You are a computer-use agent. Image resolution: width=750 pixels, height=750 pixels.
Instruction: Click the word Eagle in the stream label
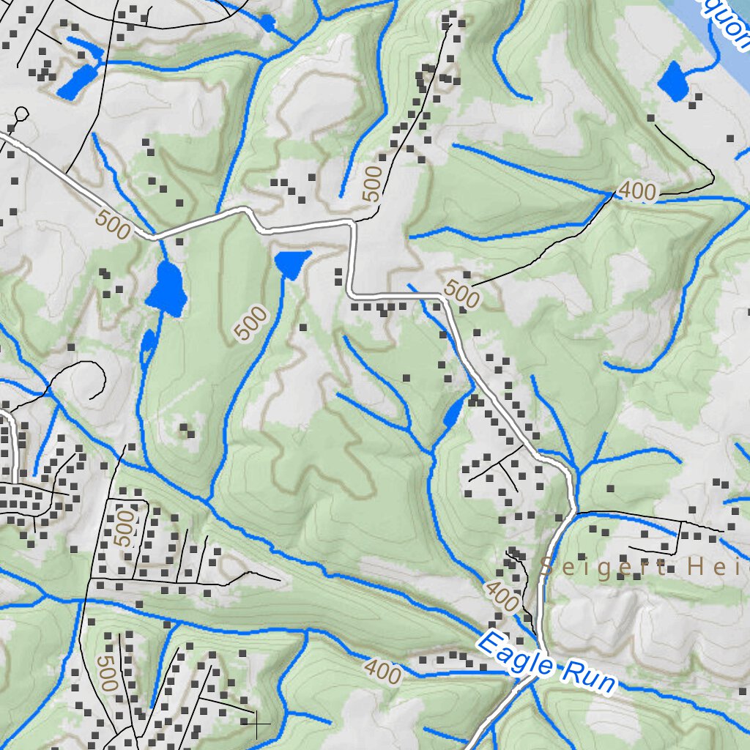point(516,655)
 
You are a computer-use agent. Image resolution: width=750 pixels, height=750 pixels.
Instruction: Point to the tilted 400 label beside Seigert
point(502,597)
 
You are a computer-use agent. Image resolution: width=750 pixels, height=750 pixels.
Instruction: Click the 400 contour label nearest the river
point(637,191)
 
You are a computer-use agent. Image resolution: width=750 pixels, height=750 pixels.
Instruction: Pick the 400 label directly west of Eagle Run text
point(382,672)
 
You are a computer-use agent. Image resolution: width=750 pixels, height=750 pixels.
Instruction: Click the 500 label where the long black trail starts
point(461,294)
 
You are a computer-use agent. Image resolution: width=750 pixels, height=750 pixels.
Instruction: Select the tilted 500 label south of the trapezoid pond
point(251,323)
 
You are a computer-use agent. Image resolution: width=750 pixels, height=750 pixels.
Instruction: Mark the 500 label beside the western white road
point(112,225)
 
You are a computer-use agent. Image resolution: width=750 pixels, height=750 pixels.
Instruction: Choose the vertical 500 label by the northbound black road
point(373,183)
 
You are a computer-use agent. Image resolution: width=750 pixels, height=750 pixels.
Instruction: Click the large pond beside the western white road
point(167,289)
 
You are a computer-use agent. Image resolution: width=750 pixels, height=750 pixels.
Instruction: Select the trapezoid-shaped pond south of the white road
point(292,263)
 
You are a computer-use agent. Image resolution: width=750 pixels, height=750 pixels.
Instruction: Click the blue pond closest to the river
point(672,81)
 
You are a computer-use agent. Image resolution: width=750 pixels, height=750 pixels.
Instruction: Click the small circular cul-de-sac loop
point(21,114)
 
